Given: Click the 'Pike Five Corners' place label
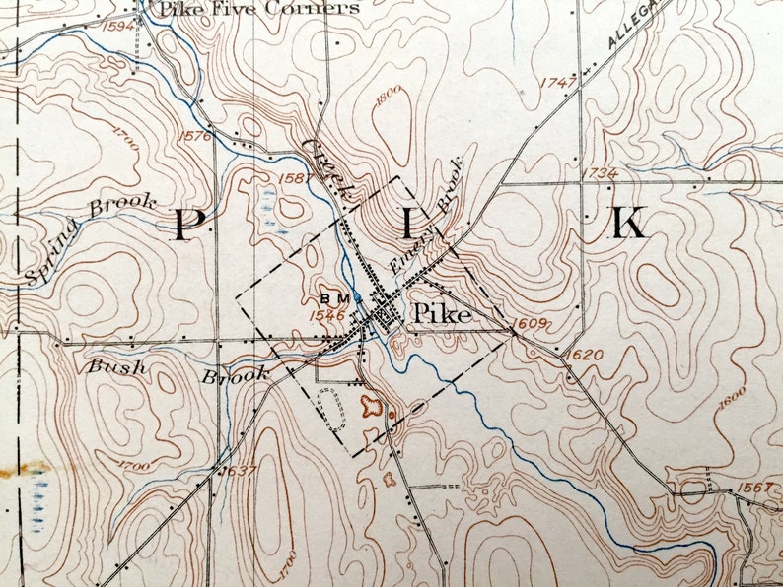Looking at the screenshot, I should click(x=259, y=9).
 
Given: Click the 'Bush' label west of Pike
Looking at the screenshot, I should click(x=117, y=367).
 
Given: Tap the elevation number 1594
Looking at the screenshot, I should click(x=119, y=26).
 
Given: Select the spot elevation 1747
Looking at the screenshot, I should click(x=558, y=84).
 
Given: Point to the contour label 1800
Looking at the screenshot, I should click(x=390, y=96).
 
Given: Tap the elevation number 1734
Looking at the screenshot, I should click(x=601, y=173).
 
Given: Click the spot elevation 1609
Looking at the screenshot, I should click(x=529, y=323).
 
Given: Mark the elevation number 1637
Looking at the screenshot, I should click(x=239, y=470).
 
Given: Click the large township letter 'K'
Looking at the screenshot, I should click(x=628, y=225).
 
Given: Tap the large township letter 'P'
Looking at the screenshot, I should click(x=184, y=225).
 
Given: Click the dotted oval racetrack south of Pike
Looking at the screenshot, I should click(x=332, y=408).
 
